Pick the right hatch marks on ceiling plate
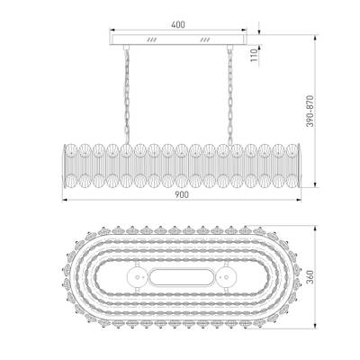204,41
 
